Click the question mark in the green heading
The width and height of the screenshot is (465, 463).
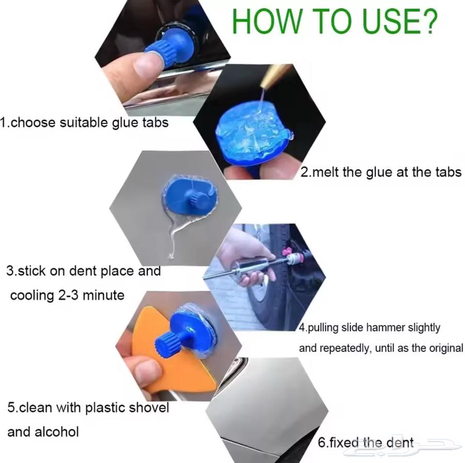click(427, 21)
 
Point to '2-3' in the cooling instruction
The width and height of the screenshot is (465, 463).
click(69, 295)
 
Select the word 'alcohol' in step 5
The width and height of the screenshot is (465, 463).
click(57, 431)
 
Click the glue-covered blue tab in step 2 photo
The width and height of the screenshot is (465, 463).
click(254, 132)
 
